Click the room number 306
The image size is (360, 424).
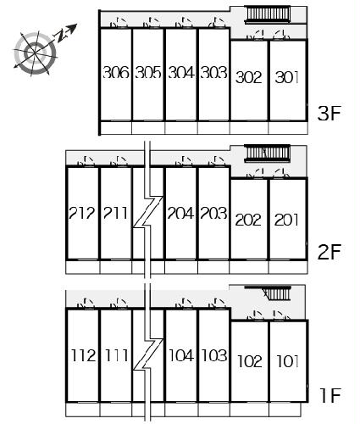[116, 72]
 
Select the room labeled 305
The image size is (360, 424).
[148, 72]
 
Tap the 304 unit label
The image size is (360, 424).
[181, 72]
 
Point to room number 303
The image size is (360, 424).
[213, 72]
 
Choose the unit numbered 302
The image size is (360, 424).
[249, 77]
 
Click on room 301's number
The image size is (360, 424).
[287, 77]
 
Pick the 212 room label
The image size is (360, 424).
[82, 213]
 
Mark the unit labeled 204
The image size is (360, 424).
[180, 213]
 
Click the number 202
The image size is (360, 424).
[248, 220]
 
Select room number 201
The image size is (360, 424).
[286, 220]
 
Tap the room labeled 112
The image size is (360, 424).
[83, 355]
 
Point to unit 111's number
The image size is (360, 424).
[117, 355]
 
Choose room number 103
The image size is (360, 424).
[214, 355]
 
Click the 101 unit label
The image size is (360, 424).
[288, 361]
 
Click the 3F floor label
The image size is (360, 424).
[330, 114]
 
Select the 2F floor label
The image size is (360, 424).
[330, 252]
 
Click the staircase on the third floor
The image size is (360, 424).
[268, 14]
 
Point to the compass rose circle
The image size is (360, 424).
[36, 53]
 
